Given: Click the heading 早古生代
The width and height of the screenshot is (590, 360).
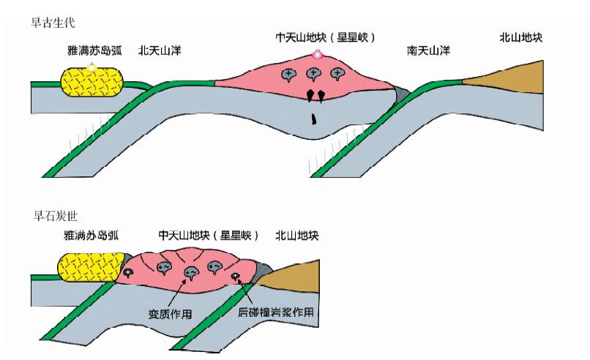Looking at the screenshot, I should pyautogui.click(x=53, y=23).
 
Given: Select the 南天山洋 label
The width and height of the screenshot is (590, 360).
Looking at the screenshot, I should pyautogui.click(x=428, y=51).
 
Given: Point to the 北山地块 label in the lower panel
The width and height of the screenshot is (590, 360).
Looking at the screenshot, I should pyautogui.click(x=296, y=236).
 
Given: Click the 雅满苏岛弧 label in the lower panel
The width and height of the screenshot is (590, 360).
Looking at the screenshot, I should pyautogui.click(x=92, y=236).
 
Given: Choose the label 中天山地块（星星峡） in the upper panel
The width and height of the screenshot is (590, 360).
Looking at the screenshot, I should pyautogui.click(x=325, y=37).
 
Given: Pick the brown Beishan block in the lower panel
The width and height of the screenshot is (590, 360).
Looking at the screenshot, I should pyautogui.click(x=292, y=275).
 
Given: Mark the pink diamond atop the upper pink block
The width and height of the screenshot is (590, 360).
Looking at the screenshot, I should pyautogui.click(x=317, y=54).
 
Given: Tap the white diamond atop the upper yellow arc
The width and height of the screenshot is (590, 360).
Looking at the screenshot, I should pyautogui.click(x=91, y=67).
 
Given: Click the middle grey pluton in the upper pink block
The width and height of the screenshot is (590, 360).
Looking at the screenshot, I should pyautogui.click(x=313, y=73).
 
